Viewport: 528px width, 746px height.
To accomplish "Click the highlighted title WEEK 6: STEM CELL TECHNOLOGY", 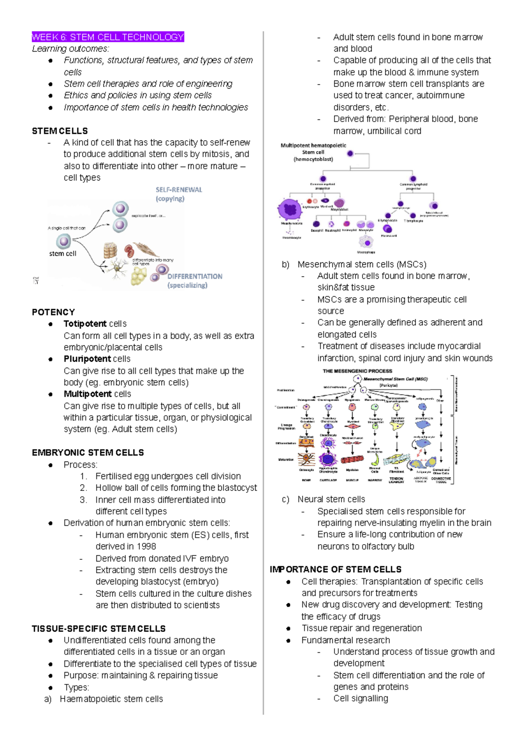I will [108, 37].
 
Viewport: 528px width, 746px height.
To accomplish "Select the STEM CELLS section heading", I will [60, 131].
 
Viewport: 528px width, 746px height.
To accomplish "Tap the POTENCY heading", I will [53, 312].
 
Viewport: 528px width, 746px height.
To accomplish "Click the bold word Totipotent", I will [85, 324].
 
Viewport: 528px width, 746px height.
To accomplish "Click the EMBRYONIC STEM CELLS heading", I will [88, 453].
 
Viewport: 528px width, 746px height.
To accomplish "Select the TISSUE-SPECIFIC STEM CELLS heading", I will [99, 628].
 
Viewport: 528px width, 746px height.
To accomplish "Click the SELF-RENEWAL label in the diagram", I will [179, 190].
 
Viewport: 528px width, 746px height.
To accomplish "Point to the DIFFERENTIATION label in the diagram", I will [194, 277].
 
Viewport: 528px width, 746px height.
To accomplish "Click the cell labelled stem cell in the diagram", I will [63, 241].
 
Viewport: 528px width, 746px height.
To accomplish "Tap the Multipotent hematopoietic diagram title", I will [313, 145].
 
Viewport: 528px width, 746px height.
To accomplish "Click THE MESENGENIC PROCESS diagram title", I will [357, 371].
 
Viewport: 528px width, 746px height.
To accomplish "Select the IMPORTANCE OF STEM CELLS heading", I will [335, 569].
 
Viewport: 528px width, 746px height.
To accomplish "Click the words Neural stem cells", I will [331, 499].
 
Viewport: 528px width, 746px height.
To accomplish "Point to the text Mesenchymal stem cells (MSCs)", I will [362, 264].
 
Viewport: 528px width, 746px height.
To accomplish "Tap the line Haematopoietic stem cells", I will [111, 699].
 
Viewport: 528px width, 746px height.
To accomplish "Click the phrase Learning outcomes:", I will [70, 49].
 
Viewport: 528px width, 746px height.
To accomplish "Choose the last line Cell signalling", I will [360, 698].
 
